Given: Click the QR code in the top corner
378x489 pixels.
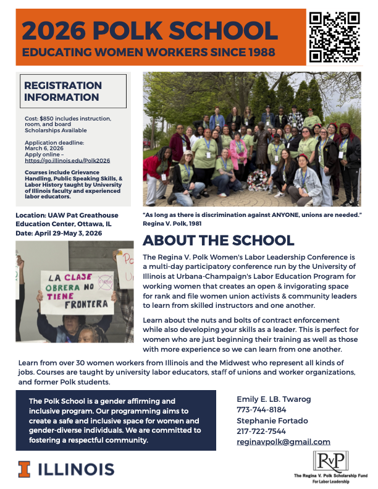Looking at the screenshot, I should pyautogui.click(x=334, y=36).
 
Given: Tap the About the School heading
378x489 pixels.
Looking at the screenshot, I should pyautogui.click(x=219, y=240).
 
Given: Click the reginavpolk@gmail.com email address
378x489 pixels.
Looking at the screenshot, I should pyautogui.click(x=283, y=442).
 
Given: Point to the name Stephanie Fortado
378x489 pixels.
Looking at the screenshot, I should pyautogui.click(x=272, y=420).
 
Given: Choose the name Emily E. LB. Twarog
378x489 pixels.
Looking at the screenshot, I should pyautogui.click(x=275, y=399).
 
